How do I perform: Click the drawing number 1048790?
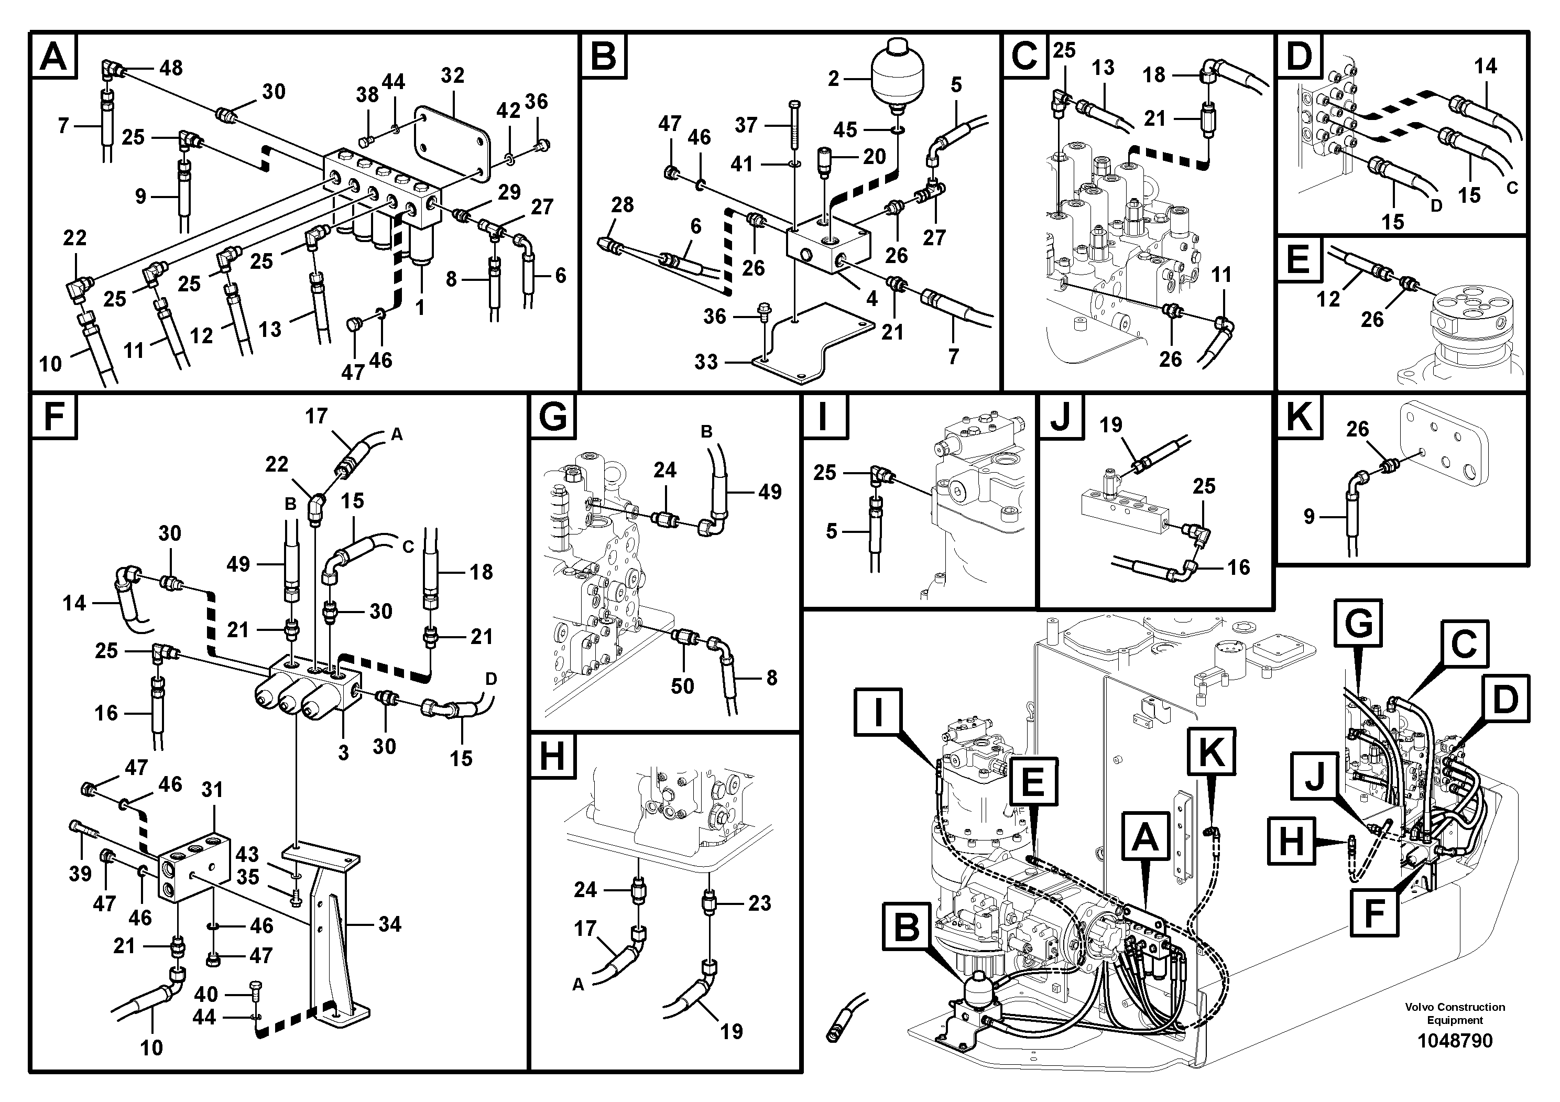click(1454, 1040)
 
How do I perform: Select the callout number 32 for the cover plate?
click(452, 75)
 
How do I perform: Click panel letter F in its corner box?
click(53, 416)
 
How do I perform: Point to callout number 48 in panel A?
click(170, 68)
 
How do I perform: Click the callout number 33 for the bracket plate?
click(706, 362)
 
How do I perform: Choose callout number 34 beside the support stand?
click(389, 924)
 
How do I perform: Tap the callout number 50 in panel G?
click(682, 686)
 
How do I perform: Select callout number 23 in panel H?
click(760, 903)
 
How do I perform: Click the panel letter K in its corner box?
click(1299, 416)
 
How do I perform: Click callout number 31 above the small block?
click(212, 790)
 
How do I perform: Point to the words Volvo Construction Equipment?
click(1455, 1013)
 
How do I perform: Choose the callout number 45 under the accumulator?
click(845, 130)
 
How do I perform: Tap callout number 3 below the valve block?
click(343, 753)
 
